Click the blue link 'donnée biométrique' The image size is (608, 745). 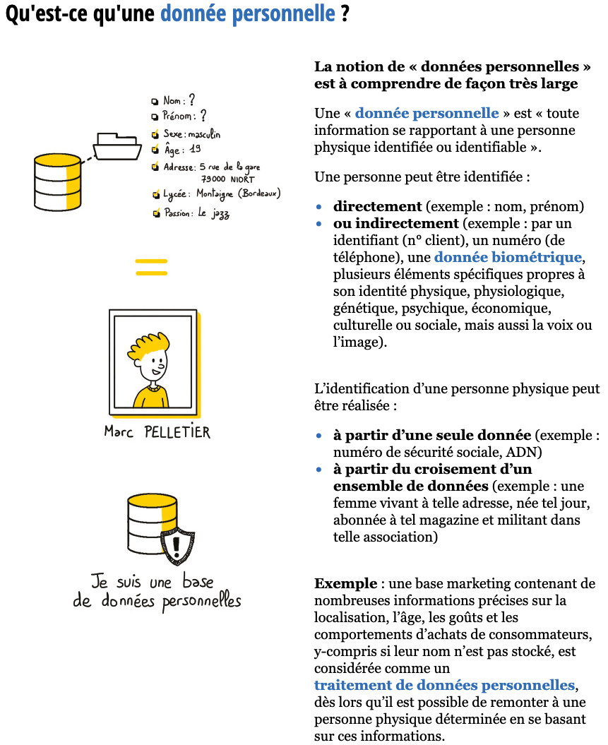click(x=508, y=258)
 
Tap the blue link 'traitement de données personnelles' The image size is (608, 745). click(x=444, y=685)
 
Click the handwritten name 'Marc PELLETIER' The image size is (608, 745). click(x=157, y=431)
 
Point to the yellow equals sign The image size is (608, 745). click(x=151, y=267)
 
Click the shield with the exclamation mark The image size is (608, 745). click(x=178, y=546)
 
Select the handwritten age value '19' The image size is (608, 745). click(x=195, y=149)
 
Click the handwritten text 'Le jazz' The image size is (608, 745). click(x=213, y=213)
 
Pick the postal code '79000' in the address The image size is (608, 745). click(x=213, y=179)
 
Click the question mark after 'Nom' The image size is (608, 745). click(x=191, y=101)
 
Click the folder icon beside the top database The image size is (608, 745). click(x=118, y=146)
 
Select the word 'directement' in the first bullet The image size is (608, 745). click(x=377, y=207)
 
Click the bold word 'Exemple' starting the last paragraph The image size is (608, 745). click(x=346, y=584)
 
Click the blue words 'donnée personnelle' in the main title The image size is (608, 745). click(x=247, y=13)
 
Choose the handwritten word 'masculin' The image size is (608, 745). click(x=205, y=133)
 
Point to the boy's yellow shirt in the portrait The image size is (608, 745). click(x=150, y=397)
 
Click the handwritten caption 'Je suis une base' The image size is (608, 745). click(x=152, y=582)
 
